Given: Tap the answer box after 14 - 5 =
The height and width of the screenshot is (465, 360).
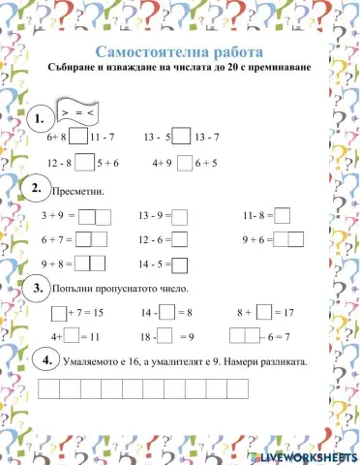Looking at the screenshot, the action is point(179,263).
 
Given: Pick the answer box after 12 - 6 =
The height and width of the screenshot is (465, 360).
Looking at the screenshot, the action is point(179,239).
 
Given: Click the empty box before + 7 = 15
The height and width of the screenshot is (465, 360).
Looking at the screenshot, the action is point(58,313).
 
